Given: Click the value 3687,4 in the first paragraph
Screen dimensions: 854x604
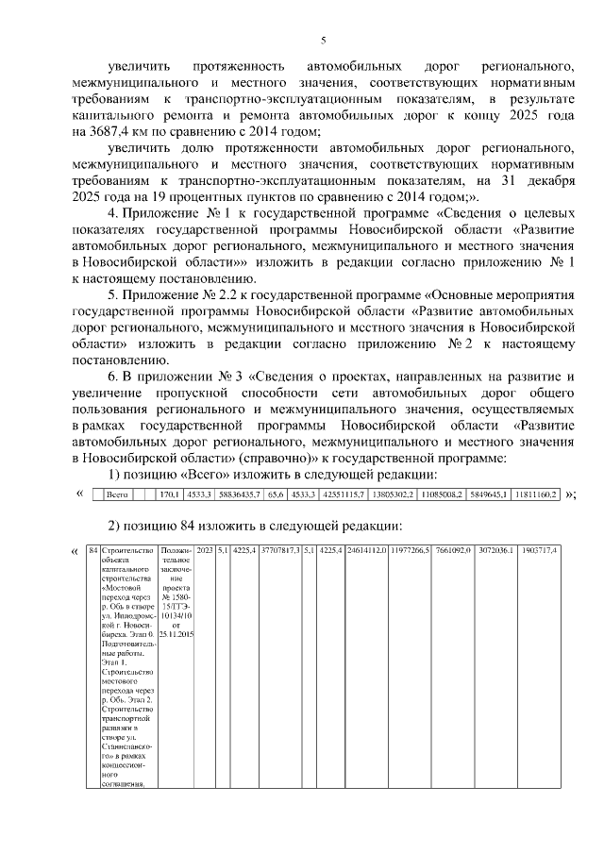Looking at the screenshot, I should tap(111, 131).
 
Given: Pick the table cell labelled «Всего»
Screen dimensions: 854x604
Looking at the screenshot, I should tap(116, 494).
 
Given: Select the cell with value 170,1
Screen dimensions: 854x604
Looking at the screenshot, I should tap(169, 494).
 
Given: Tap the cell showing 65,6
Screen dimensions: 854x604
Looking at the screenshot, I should tap(276, 494).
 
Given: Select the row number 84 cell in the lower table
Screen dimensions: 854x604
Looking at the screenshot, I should tap(92, 550).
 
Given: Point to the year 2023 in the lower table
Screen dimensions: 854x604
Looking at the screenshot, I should tap(204, 550).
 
